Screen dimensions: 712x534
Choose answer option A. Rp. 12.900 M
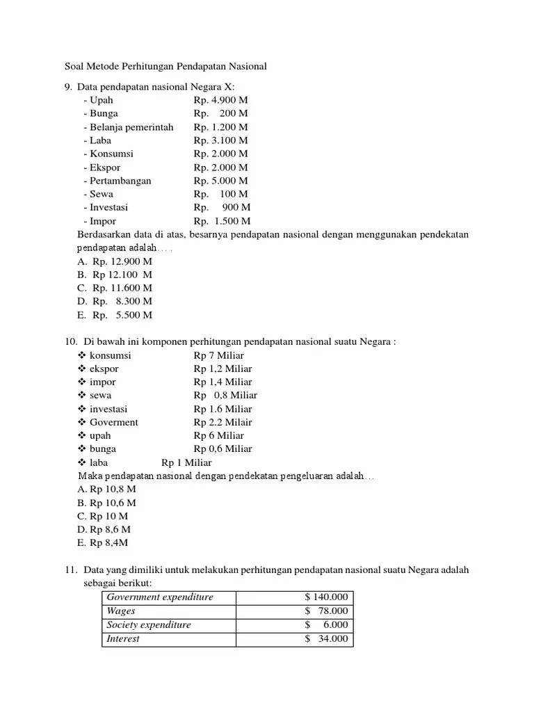[x=115, y=261]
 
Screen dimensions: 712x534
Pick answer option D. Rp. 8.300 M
[x=115, y=302]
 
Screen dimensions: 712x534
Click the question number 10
[x=69, y=342]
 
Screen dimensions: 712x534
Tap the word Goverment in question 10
[x=113, y=422]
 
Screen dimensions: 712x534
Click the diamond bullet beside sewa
[x=81, y=396]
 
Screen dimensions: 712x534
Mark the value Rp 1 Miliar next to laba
[x=186, y=462]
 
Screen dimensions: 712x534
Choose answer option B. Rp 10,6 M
[x=107, y=503]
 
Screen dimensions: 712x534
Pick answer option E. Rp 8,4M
[x=105, y=543]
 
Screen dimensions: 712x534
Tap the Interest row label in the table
[x=123, y=639]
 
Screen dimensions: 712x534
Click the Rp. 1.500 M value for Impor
[x=222, y=221]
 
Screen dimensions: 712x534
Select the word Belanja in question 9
[x=105, y=127]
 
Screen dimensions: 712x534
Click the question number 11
[x=69, y=570]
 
